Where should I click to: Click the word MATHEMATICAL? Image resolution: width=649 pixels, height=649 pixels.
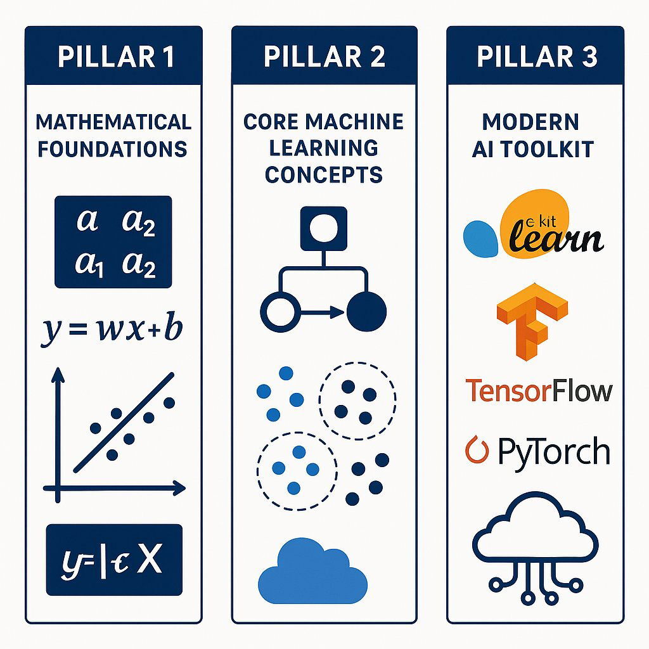click(x=114, y=121)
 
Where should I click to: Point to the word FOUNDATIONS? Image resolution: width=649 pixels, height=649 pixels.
click(x=113, y=149)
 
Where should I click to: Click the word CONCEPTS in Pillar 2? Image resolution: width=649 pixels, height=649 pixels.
click(x=324, y=174)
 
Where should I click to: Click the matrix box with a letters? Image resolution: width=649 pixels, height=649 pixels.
click(x=113, y=241)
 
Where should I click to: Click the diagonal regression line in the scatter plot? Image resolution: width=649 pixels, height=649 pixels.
click(x=124, y=423)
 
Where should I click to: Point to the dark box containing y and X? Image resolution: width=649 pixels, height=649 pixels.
click(x=114, y=560)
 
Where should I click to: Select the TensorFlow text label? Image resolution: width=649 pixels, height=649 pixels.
click(x=539, y=390)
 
